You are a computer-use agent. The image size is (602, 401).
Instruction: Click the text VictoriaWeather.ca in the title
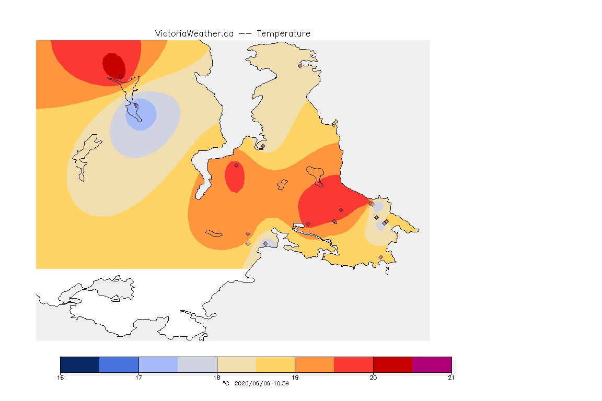pyautogui.click(x=194, y=34)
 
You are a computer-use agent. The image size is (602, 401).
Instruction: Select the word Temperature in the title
pyautogui.click(x=283, y=34)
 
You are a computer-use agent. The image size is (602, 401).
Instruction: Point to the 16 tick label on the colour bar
pyautogui.click(x=60, y=378)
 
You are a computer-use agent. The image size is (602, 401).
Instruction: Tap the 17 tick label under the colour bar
pyautogui.click(x=138, y=378)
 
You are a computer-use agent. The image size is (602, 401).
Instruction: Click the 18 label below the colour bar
pyautogui.click(x=217, y=378)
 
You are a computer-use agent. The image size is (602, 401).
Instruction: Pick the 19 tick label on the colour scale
pyautogui.click(x=295, y=378)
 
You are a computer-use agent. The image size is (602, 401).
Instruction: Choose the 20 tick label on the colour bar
pyautogui.click(x=373, y=378)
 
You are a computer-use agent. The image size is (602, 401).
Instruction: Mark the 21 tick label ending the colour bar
pyautogui.click(x=451, y=378)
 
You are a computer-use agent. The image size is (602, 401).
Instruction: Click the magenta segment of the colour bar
pyautogui.click(x=432, y=364)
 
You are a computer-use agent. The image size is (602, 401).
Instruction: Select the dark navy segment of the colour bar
pyautogui.click(x=80, y=364)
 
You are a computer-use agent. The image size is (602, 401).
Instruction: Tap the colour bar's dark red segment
pyautogui.click(x=393, y=364)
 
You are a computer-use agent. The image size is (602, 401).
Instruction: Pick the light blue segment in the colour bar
pyautogui.click(x=158, y=364)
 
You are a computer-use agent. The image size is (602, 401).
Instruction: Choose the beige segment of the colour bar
pyautogui.click(x=237, y=364)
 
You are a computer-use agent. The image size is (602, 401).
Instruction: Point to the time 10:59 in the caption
pyautogui.click(x=281, y=383)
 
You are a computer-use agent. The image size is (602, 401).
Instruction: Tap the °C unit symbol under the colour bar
pyautogui.click(x=226, y=383)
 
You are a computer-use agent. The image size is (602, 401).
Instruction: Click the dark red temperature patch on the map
pyautogui.click(x=113, y=66)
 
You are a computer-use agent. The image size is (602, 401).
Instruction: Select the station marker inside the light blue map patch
pyautogui.click(x=136, y=105)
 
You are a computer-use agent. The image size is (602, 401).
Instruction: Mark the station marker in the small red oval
pyautogui.click(x=237, y=166)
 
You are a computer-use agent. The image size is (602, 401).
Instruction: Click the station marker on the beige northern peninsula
pyautogui.click(x=300, y=66)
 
